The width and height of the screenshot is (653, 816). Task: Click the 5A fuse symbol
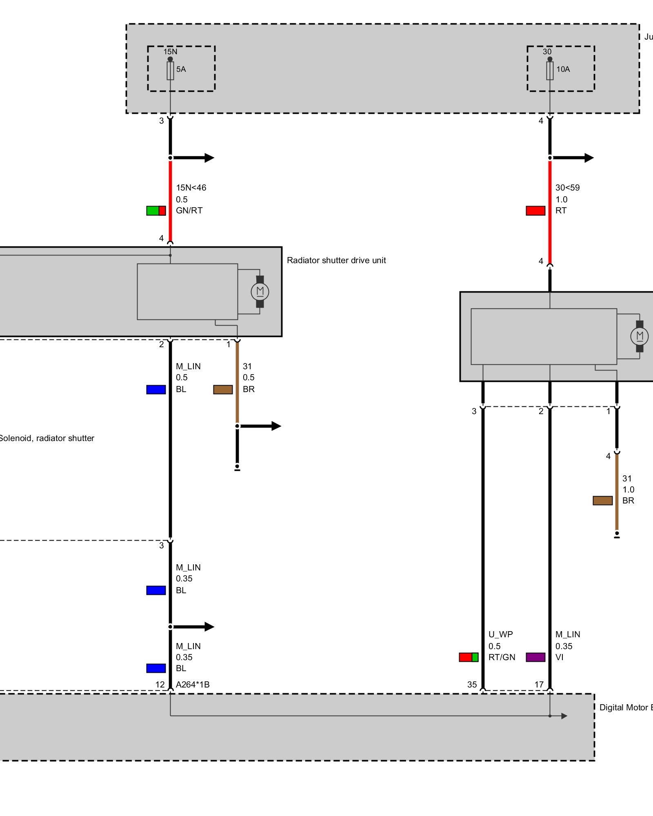pos(170,71)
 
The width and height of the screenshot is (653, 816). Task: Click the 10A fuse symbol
pos(550,71)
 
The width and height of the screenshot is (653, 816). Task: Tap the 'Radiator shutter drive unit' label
pos(336,260)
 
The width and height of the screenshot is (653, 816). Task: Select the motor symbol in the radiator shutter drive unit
pos(260,291)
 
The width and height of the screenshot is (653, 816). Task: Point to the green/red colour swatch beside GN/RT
pos(156,211)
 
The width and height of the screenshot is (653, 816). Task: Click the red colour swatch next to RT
pos(535,211)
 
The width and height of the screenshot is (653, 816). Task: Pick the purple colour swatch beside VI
pos(535,657)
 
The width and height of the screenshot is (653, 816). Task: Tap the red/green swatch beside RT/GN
pos(469,657)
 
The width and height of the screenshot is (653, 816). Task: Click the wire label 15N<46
pos(191,188)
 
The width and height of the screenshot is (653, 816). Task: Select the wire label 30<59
pos(567,188)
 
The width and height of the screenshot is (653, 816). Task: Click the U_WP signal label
pos(500,634)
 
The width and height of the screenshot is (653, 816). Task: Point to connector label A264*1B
pos(193,685)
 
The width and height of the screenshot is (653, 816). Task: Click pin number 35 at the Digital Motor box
pos(472,685)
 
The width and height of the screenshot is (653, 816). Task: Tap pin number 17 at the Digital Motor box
pos(539,685)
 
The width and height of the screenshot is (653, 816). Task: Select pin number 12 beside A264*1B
pos(160,685)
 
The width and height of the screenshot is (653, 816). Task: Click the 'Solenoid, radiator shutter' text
pos(47,438)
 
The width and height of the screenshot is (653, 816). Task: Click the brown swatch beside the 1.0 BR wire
pos(602,501)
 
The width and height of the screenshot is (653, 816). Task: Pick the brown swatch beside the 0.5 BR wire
pos(223,390)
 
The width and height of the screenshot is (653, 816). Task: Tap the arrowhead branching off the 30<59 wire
pos(589,158)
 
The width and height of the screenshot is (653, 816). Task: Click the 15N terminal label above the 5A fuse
pos(170,52)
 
